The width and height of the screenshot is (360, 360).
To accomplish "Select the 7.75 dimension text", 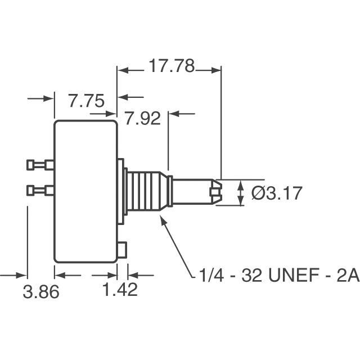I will point(86,101).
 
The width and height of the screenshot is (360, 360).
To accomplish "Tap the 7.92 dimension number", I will point(142,119).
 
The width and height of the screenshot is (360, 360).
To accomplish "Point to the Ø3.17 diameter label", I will point(277,193).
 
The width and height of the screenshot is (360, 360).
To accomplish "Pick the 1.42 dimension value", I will point(120,291).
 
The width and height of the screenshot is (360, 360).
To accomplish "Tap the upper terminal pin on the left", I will point(40,165).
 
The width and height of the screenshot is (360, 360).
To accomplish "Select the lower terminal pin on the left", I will point(40,191).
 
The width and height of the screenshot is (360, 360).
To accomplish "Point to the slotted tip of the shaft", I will point(215,192).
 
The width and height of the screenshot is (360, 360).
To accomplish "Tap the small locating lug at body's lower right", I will point(123,248).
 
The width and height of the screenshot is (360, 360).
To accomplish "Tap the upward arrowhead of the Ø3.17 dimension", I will point(240,184).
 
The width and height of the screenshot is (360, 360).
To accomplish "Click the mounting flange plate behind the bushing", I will point(121,191).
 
